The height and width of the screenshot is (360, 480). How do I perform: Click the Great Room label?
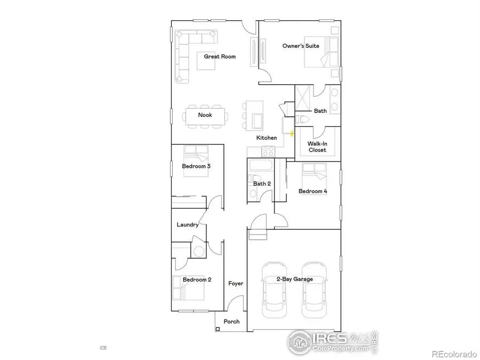[x=220, y=57]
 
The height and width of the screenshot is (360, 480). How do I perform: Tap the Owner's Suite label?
[x=301, y=46]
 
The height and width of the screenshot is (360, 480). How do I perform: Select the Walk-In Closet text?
[x=317, y=147]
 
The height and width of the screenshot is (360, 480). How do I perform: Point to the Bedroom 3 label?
[x=196, y=166]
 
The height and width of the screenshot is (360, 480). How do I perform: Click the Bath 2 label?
[x=262, y=184]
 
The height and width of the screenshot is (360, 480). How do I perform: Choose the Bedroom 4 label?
[x=313, y=191]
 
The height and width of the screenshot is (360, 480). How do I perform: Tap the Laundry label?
[x=188, y=225]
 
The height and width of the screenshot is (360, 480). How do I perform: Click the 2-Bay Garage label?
[x=294, y=279]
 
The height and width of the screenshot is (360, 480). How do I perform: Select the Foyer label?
[x=236, y=283]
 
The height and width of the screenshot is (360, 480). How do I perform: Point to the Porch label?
[x=231, y=322]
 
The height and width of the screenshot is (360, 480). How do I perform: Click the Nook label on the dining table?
[x=205, y=115]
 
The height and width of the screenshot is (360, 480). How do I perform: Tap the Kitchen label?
[x=267, y=138]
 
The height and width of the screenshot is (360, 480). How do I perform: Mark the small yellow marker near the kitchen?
[x=292, y=133]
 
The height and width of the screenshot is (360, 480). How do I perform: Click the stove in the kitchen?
[x=268, y=150]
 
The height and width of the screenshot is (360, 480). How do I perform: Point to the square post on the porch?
[x=218, y=329]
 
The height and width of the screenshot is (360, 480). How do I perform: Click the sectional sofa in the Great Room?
[x=187, y=53]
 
